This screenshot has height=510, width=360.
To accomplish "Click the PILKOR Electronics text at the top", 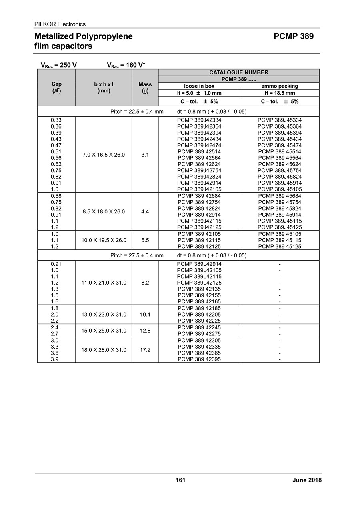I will point(60,24).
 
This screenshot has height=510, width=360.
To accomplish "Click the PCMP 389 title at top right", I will point(294,36).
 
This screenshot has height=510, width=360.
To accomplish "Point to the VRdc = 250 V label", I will point(59,65).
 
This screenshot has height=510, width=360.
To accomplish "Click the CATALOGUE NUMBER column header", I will point(239,72).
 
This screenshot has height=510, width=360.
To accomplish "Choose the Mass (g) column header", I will point(145,87).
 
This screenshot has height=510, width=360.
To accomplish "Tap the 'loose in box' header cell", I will point(199,86).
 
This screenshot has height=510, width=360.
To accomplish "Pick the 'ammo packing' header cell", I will point(280,86).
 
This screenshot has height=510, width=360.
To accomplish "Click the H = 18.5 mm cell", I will point(280,93).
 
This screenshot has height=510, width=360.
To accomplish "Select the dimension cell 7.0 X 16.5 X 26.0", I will point(104,155).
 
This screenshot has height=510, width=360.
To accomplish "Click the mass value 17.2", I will point(145,350).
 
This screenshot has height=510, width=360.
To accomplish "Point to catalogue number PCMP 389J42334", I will point(199,120).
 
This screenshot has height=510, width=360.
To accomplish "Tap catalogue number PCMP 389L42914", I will point(199,264).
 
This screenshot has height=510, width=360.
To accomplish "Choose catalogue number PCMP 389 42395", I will point(199,359).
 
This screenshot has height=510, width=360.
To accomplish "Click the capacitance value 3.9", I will point(55,359).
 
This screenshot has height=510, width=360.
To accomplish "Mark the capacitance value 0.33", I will point(56,120).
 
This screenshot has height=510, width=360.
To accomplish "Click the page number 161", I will point(180,480).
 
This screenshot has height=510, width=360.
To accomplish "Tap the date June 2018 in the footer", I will point(307,480).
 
